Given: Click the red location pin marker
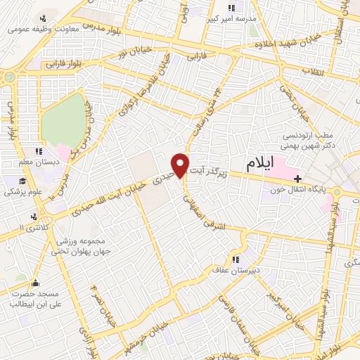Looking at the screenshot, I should click(181, 165).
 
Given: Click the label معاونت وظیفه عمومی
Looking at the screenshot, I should click(41, 30).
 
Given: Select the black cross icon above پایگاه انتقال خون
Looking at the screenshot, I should click(299, 178).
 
